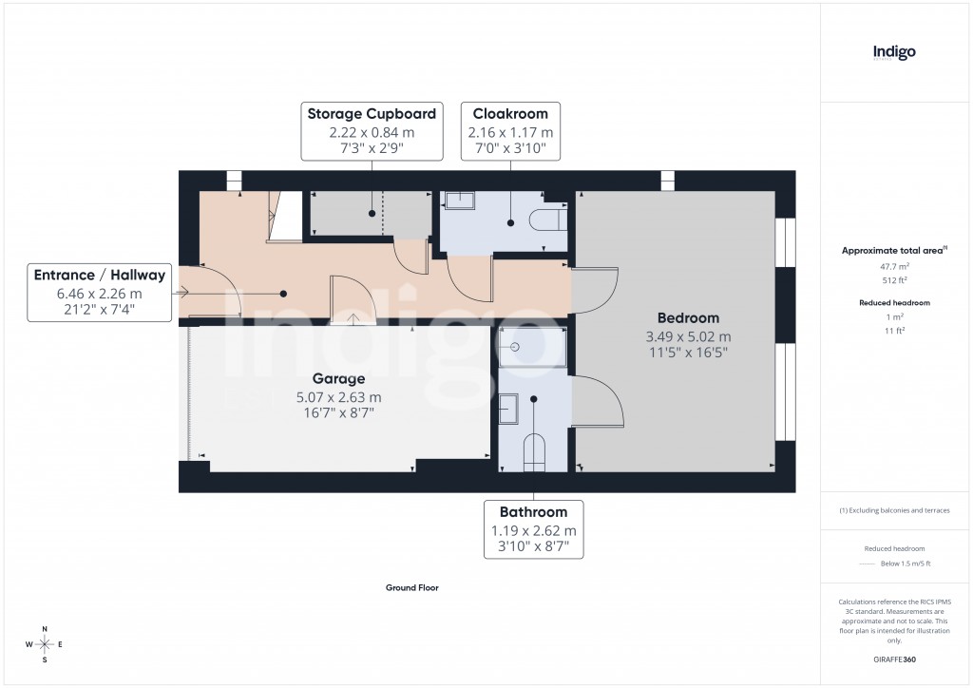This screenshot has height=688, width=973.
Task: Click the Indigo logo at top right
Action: click(x=894, y=52)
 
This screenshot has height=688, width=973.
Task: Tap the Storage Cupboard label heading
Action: click(x=372, y=114)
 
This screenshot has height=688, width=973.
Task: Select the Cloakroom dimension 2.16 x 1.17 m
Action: click(x=510, y=133)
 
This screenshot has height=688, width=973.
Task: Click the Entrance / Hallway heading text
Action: click(x=100, y=276)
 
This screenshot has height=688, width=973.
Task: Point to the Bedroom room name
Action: click(x=688, y=317)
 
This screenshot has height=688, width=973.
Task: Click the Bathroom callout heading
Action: click(x=533, y=511)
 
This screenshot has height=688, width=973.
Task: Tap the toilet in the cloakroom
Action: click(x=549, y=220)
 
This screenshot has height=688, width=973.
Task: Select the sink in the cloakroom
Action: click(x=461, y=200)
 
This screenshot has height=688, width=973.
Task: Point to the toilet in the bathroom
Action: click(x=535, y=451)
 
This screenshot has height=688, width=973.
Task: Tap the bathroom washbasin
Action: click(x=508, y=408)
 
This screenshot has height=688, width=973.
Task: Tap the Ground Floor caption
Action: click(x=411, y=588)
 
